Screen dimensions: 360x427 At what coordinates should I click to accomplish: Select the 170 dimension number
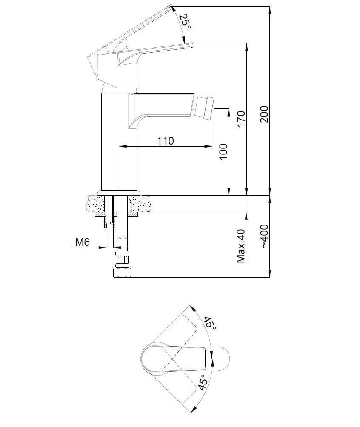pyautogui.click(x=241, y=119)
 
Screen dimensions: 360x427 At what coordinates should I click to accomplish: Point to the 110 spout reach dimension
pyautogui.click(x=166, y=141)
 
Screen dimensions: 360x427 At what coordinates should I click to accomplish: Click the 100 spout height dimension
pyautogui.click(x=223, y=152)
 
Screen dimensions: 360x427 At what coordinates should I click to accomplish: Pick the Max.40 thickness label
pyautogui.click(x=241, y=246)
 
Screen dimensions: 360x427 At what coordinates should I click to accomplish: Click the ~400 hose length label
pyautogui.click(x=264, y=236)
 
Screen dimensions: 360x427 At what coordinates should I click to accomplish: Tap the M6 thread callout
pyautogui.click(x=82, y=242)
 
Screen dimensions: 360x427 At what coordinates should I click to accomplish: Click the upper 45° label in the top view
pyautogui.click(x=210, y=324)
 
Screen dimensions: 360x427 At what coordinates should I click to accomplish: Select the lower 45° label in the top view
pyautogui.click(x=203, y=382)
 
